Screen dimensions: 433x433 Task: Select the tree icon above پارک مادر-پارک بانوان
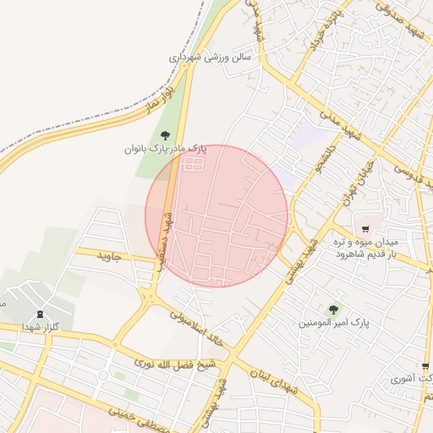tap(164, 134)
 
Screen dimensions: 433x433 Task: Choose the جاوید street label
tap(110, 255)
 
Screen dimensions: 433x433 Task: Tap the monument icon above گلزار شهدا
tap(41, 312)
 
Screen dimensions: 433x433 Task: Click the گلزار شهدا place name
tap(41, 326)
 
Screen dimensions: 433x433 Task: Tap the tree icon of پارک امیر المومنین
tap(333, 310)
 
